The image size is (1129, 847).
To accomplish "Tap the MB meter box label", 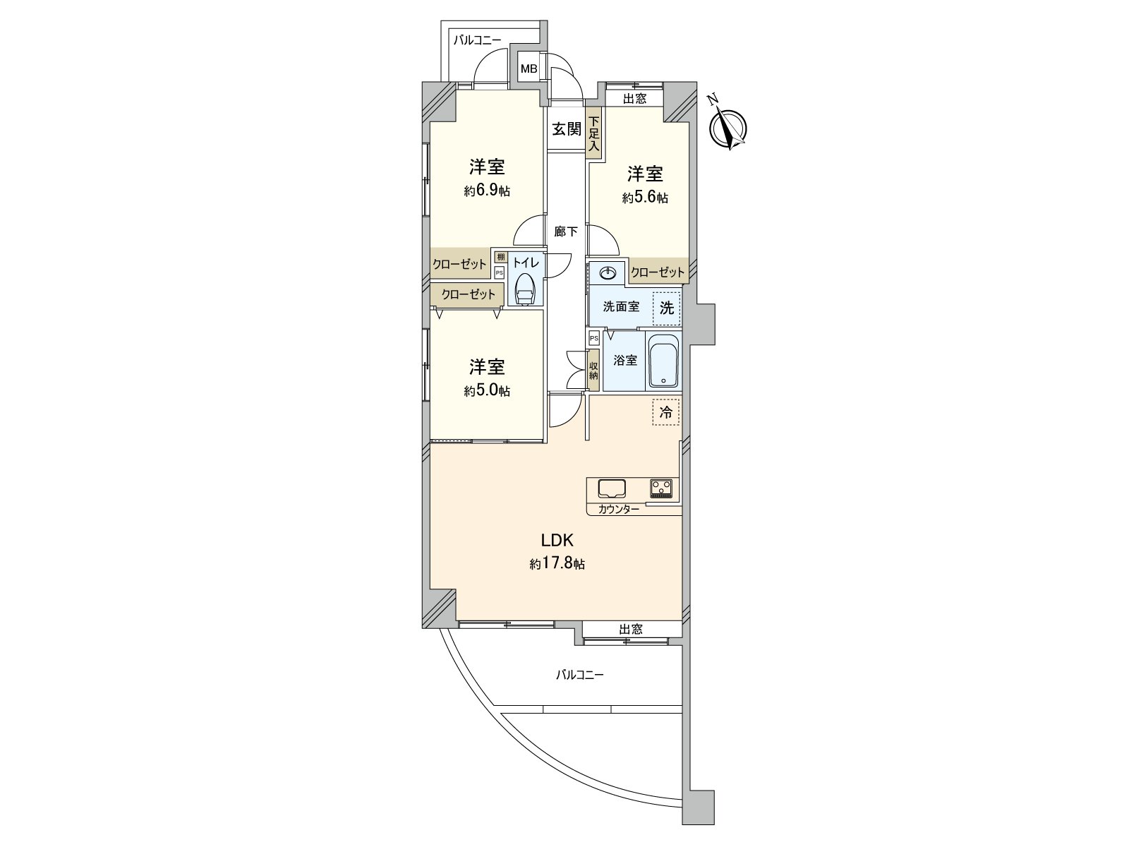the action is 529,68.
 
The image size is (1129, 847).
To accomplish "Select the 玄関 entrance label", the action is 567,129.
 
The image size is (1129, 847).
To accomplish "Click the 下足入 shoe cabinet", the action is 594,133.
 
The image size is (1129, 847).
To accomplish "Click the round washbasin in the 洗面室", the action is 608,274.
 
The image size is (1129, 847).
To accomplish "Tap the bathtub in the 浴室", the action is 663,361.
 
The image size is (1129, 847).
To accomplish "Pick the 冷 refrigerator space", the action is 666,412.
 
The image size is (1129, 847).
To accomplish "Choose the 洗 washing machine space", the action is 667,308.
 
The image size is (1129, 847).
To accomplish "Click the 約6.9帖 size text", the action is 487,191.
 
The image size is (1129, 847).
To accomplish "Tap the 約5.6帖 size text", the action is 645,198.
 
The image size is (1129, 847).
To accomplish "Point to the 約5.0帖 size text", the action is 487,391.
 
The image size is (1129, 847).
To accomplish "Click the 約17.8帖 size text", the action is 557,564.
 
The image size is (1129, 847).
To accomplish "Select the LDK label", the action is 557,540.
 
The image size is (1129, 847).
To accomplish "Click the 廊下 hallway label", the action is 566,232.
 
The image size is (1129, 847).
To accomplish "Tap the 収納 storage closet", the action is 594,371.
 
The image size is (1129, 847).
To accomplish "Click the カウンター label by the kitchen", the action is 619,510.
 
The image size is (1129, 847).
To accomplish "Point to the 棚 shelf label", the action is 500,257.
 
